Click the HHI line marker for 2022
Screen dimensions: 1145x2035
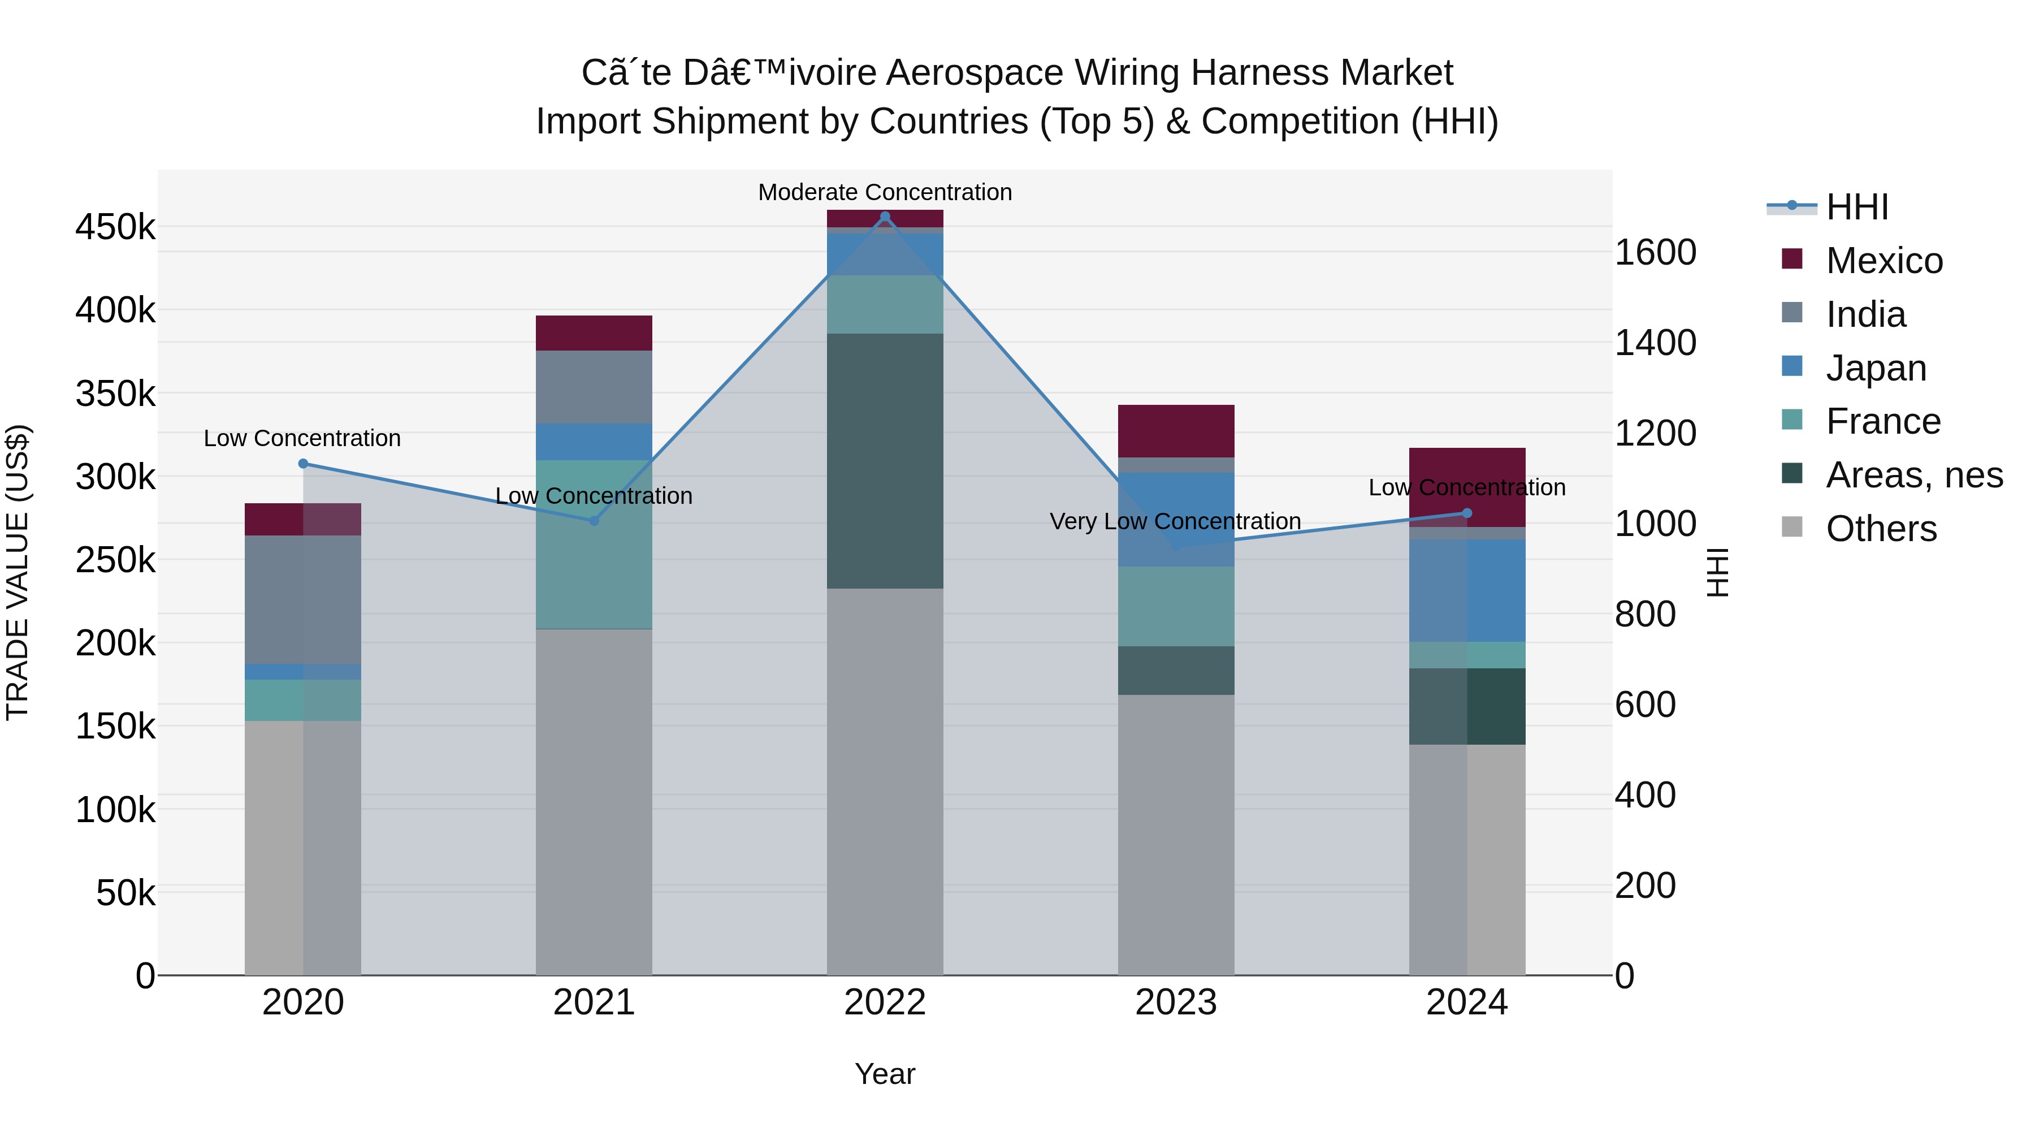coord(885,217)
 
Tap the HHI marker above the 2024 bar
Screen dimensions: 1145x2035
coord(1467,513)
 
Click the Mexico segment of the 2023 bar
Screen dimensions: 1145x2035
coord(1176,431)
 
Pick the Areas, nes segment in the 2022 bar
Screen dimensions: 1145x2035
coord(885,461)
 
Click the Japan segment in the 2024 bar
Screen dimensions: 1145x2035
coord(1467,590)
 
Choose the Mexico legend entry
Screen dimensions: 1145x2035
coord(1884,261)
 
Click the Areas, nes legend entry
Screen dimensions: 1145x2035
coord(1914,475)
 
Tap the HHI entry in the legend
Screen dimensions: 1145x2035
coord(1856,207)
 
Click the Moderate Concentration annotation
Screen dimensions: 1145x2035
coord(885,192)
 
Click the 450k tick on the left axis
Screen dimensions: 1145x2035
coord(115,227)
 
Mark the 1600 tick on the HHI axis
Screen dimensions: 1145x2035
coord(1655,253)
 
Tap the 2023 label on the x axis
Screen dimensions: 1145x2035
coord(1176,1003)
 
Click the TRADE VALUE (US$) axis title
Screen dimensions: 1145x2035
coord(18,572)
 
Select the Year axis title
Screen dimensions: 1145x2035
coord(885,1074)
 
